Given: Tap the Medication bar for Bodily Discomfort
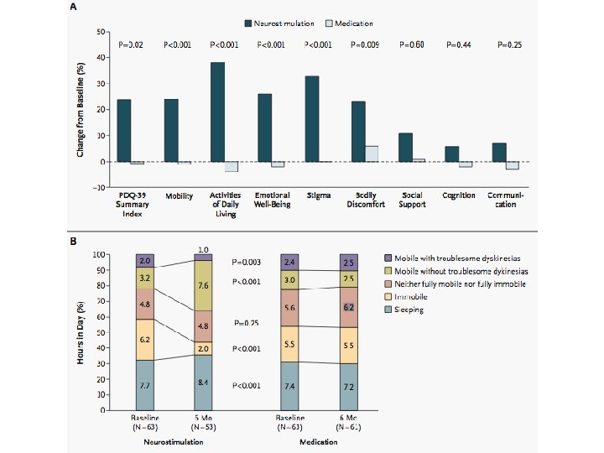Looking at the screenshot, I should pyautogui.click(x=371, y=154).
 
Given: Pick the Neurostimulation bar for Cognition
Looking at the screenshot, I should pyautogui.click(x=451, y=154).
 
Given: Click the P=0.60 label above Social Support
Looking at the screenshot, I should pyautogui.click(x=412, y=44).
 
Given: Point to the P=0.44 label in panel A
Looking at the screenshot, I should pyautogui.click(x=459, y=44).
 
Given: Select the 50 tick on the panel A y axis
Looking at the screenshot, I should pyautogui.click(x=101, y=32).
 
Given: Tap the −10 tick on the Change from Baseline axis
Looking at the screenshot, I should pyautogui.click(x=99, y=187).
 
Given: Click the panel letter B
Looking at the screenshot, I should pyautogui.click(x=73, y=242).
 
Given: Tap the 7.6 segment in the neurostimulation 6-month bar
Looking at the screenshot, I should pyautogui.click(x=204, y=285).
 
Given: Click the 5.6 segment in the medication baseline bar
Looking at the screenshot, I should pyautogui.click(x=290, y=308).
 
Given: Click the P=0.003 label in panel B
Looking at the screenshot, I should pyautogui.click(x=247, y=262).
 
